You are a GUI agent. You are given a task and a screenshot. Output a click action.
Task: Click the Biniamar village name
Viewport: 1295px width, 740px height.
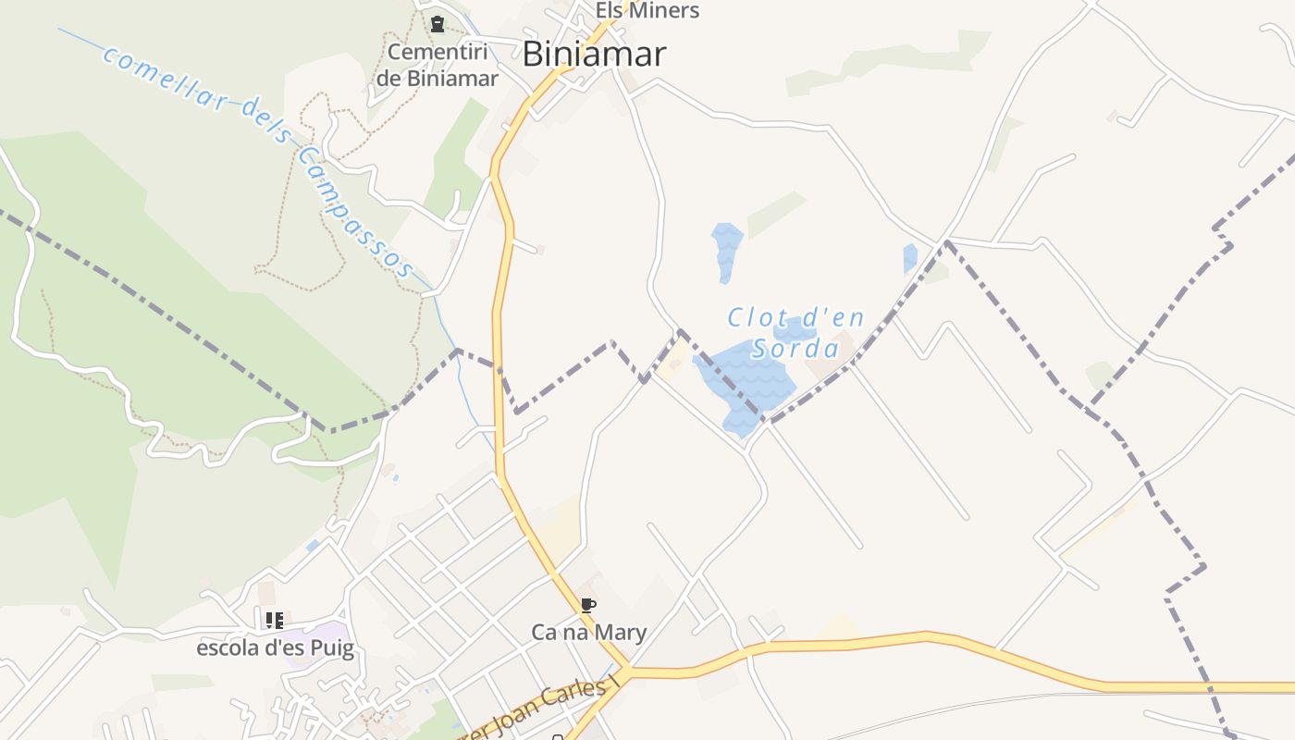(593, 55)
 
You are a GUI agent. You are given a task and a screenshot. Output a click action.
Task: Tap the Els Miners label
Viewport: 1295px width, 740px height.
(647, 11)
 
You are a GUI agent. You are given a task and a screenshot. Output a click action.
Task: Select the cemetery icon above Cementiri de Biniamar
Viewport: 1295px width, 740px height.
(438, 24)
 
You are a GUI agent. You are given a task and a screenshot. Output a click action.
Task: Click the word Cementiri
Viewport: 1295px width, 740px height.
(437, 52)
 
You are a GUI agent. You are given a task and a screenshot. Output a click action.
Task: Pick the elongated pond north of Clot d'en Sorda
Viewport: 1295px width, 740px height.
(726, 247)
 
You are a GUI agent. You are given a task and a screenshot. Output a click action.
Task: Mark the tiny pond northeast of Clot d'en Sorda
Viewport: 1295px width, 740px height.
(910, 258)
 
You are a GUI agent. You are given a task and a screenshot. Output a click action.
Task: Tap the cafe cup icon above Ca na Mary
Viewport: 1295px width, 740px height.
(587, 606)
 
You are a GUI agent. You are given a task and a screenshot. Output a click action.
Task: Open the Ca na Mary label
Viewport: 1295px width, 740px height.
(588, 633)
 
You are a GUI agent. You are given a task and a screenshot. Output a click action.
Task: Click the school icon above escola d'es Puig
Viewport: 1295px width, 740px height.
(274, 620)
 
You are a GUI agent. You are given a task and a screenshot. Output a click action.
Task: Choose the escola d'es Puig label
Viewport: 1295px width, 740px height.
(275, 647)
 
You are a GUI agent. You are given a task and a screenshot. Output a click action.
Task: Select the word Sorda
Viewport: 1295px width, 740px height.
(795, 349)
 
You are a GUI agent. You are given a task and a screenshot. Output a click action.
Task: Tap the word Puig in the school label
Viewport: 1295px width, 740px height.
(332, 648)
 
